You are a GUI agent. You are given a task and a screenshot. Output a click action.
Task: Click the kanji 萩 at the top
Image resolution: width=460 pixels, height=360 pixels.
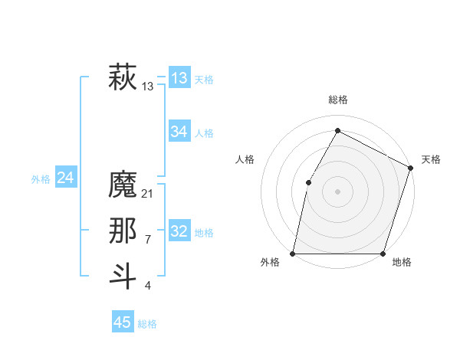(123, 78)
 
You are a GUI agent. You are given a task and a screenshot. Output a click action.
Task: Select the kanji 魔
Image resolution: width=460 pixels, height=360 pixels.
(123, 185)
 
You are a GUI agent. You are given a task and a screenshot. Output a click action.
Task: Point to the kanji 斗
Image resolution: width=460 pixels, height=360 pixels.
(123, 276)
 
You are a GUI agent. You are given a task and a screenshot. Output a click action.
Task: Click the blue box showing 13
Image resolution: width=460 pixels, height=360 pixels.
(179, 78)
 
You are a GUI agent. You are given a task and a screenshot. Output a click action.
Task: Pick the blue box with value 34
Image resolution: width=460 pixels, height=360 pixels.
(179, 132)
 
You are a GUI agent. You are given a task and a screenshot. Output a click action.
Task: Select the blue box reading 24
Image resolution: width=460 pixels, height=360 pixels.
(65, 178)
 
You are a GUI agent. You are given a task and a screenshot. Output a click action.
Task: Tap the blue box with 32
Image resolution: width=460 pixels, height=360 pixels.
(179, 231)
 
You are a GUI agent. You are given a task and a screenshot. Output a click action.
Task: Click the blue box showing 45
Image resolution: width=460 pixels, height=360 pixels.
(123, 322)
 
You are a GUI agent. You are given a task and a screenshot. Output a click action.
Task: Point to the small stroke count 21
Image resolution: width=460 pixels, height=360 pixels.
(148, 194)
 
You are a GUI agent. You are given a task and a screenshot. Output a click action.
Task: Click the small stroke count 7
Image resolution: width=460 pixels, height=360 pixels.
(147, 240)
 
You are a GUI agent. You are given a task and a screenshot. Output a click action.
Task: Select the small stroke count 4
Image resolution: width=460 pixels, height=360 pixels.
(147, 286)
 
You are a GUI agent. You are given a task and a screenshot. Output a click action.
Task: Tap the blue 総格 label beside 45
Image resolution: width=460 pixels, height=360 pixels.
(147, 324)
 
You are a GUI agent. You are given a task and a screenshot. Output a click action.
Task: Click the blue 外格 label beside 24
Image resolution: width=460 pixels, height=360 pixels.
(41, 179)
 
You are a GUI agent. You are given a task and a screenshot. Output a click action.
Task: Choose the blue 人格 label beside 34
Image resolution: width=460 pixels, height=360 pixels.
(204, 133)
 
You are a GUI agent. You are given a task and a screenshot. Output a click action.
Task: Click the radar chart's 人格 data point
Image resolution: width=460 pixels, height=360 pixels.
(308, 182)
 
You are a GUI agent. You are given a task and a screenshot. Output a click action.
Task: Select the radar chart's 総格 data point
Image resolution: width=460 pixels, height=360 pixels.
(337, 131)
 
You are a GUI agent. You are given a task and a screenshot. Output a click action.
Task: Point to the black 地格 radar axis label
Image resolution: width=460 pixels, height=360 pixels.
(402, 263)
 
